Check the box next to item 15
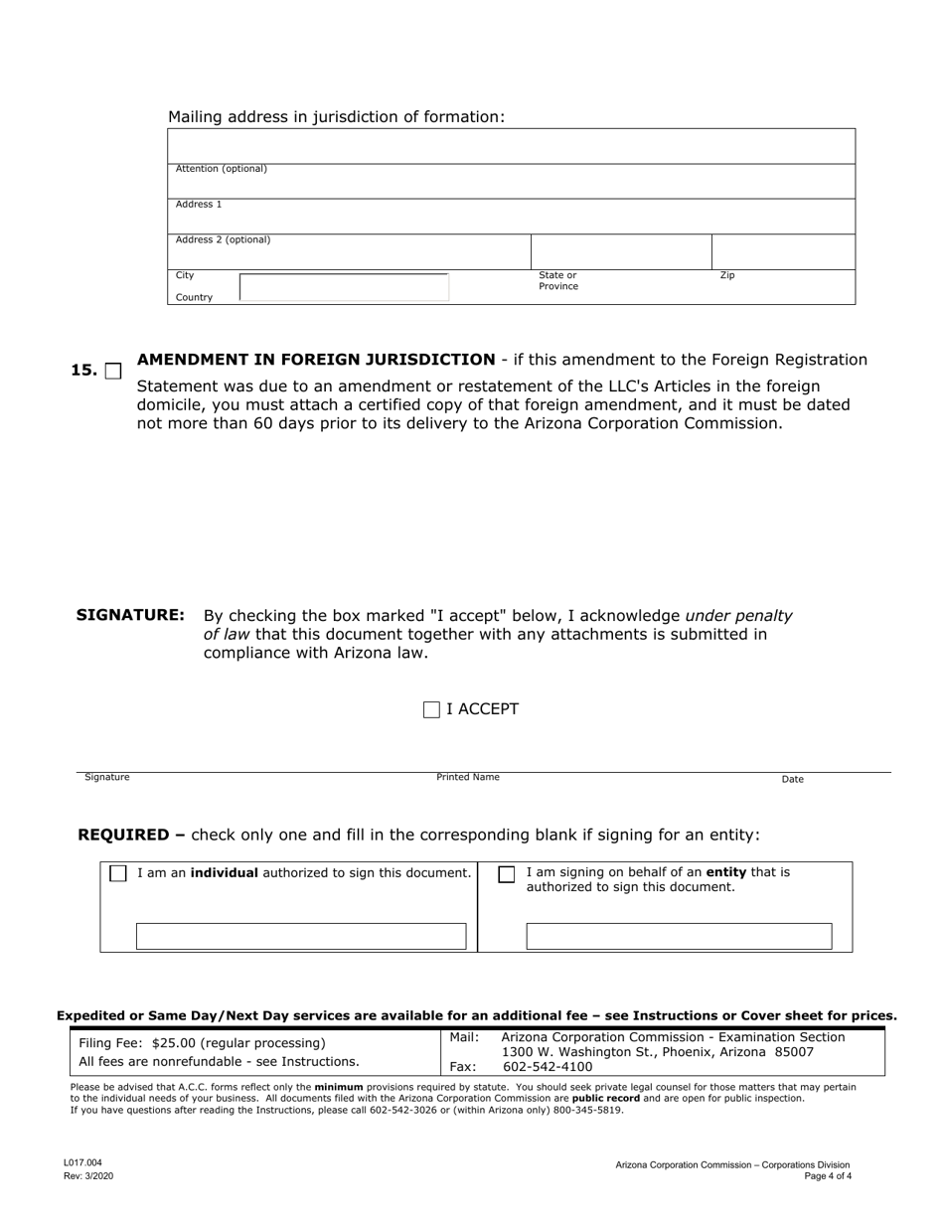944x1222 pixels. [x=113, y=372]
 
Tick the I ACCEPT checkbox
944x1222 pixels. [x=431, y=709]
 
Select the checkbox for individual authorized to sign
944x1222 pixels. [x=118, y=873]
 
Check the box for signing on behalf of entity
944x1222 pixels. [x=507, y=874]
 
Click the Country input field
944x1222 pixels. [x=344, y=288]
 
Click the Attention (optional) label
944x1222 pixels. [x=221, y=169]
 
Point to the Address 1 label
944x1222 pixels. [x=199, y=205]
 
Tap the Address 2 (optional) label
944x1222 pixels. [x=223, y=240]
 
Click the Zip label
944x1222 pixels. [x=727, y=275]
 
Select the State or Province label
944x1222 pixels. [x=557, y=281]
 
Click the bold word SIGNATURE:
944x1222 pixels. [x=130, y=616]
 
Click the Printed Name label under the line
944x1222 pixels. [x=468, y=778]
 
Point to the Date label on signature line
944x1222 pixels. [x=792, y=780]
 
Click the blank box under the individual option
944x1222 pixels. [x=301, y=936]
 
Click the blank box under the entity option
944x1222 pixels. [x=679, y=936]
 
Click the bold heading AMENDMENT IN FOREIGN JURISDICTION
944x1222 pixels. [x=315, y=360]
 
